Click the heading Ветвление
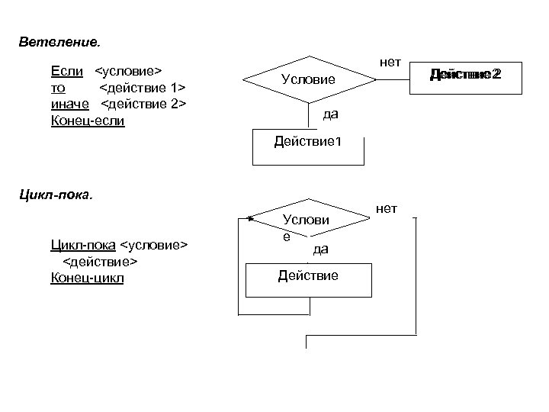tap(59, 39)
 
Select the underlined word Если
tap(67, 71)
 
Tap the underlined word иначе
tap(69, 104)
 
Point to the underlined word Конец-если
tap(87, 120)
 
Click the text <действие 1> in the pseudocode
tap(143, 88)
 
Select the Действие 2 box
tap(464, 75)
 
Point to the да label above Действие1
tap(330, 114)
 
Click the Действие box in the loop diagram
tap(308, 279)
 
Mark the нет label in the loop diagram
tap(387, 208)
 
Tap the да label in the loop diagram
tap(320, 249)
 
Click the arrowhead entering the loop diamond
tap(251, 218)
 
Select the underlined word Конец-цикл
tap(86, 278)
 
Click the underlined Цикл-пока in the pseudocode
tap(83, 245)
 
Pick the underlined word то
tap(57, 88)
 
